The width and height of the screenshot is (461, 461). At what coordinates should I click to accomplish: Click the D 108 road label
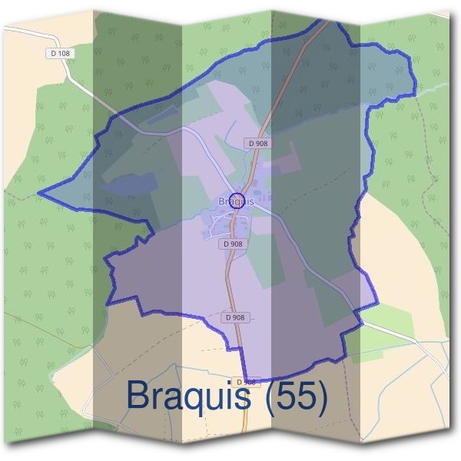(59, 53)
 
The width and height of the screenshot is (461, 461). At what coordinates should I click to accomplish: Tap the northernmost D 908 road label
(257, 143)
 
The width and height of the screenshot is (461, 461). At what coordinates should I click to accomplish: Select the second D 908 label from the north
(234, 244)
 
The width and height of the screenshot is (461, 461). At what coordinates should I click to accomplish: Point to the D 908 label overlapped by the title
(246, 381)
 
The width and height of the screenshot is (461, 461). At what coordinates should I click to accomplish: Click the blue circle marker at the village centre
(237, 201)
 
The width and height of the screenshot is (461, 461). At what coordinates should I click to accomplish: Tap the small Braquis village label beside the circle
(224, 202)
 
